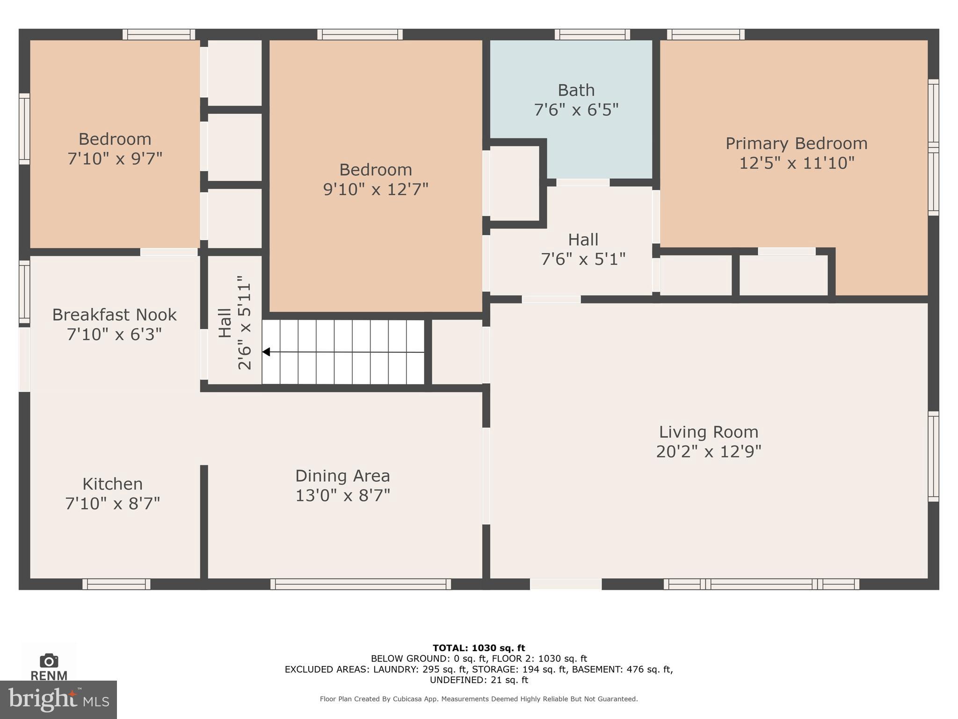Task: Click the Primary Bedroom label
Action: click(796, 143)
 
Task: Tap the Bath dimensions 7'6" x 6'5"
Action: click(576, 110)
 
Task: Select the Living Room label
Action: click(708, 432)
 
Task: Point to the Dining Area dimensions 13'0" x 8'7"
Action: click(342, 495)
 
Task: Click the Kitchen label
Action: click(112, 484)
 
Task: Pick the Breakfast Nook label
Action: click(114, 315)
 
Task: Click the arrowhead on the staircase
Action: click(266, 352)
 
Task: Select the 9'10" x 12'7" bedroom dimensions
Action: click(376, 189)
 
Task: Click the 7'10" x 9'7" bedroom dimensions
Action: click(115, 159)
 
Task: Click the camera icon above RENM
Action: click(49, 660)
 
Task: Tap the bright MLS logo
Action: click(58, 699)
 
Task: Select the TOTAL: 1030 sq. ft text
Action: click(479, 648)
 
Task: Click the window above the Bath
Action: click(592, 34)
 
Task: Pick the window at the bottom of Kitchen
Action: click(116, 584)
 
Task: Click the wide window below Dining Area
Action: click(361, 584)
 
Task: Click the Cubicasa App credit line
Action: click(479, 699)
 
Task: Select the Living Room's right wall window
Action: click(933, 456)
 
